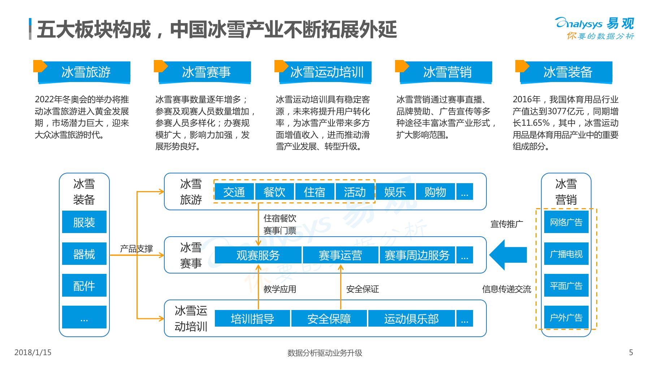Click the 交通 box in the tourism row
pos(234,191)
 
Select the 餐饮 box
pos(274,191)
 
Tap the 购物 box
pos(435,191)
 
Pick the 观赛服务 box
pos(258,255)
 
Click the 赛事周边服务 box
pos(417,255)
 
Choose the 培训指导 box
pos(252,318)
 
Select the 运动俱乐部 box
pos(411,318)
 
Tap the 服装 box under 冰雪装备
pos(84,222)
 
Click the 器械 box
pos(84,254)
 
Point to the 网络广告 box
pos(566,222)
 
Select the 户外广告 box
pos(566,317)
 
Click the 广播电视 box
pos(566,254)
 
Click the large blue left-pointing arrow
pos(508,255)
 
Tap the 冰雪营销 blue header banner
pos(446,72)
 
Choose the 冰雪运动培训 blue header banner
pos(326,72)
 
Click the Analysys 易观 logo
pos(595,28)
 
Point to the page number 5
pos(631,352)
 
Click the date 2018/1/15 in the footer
pos(33,352)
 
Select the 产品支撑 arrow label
pos(136,249)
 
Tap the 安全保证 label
pos(363,289)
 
